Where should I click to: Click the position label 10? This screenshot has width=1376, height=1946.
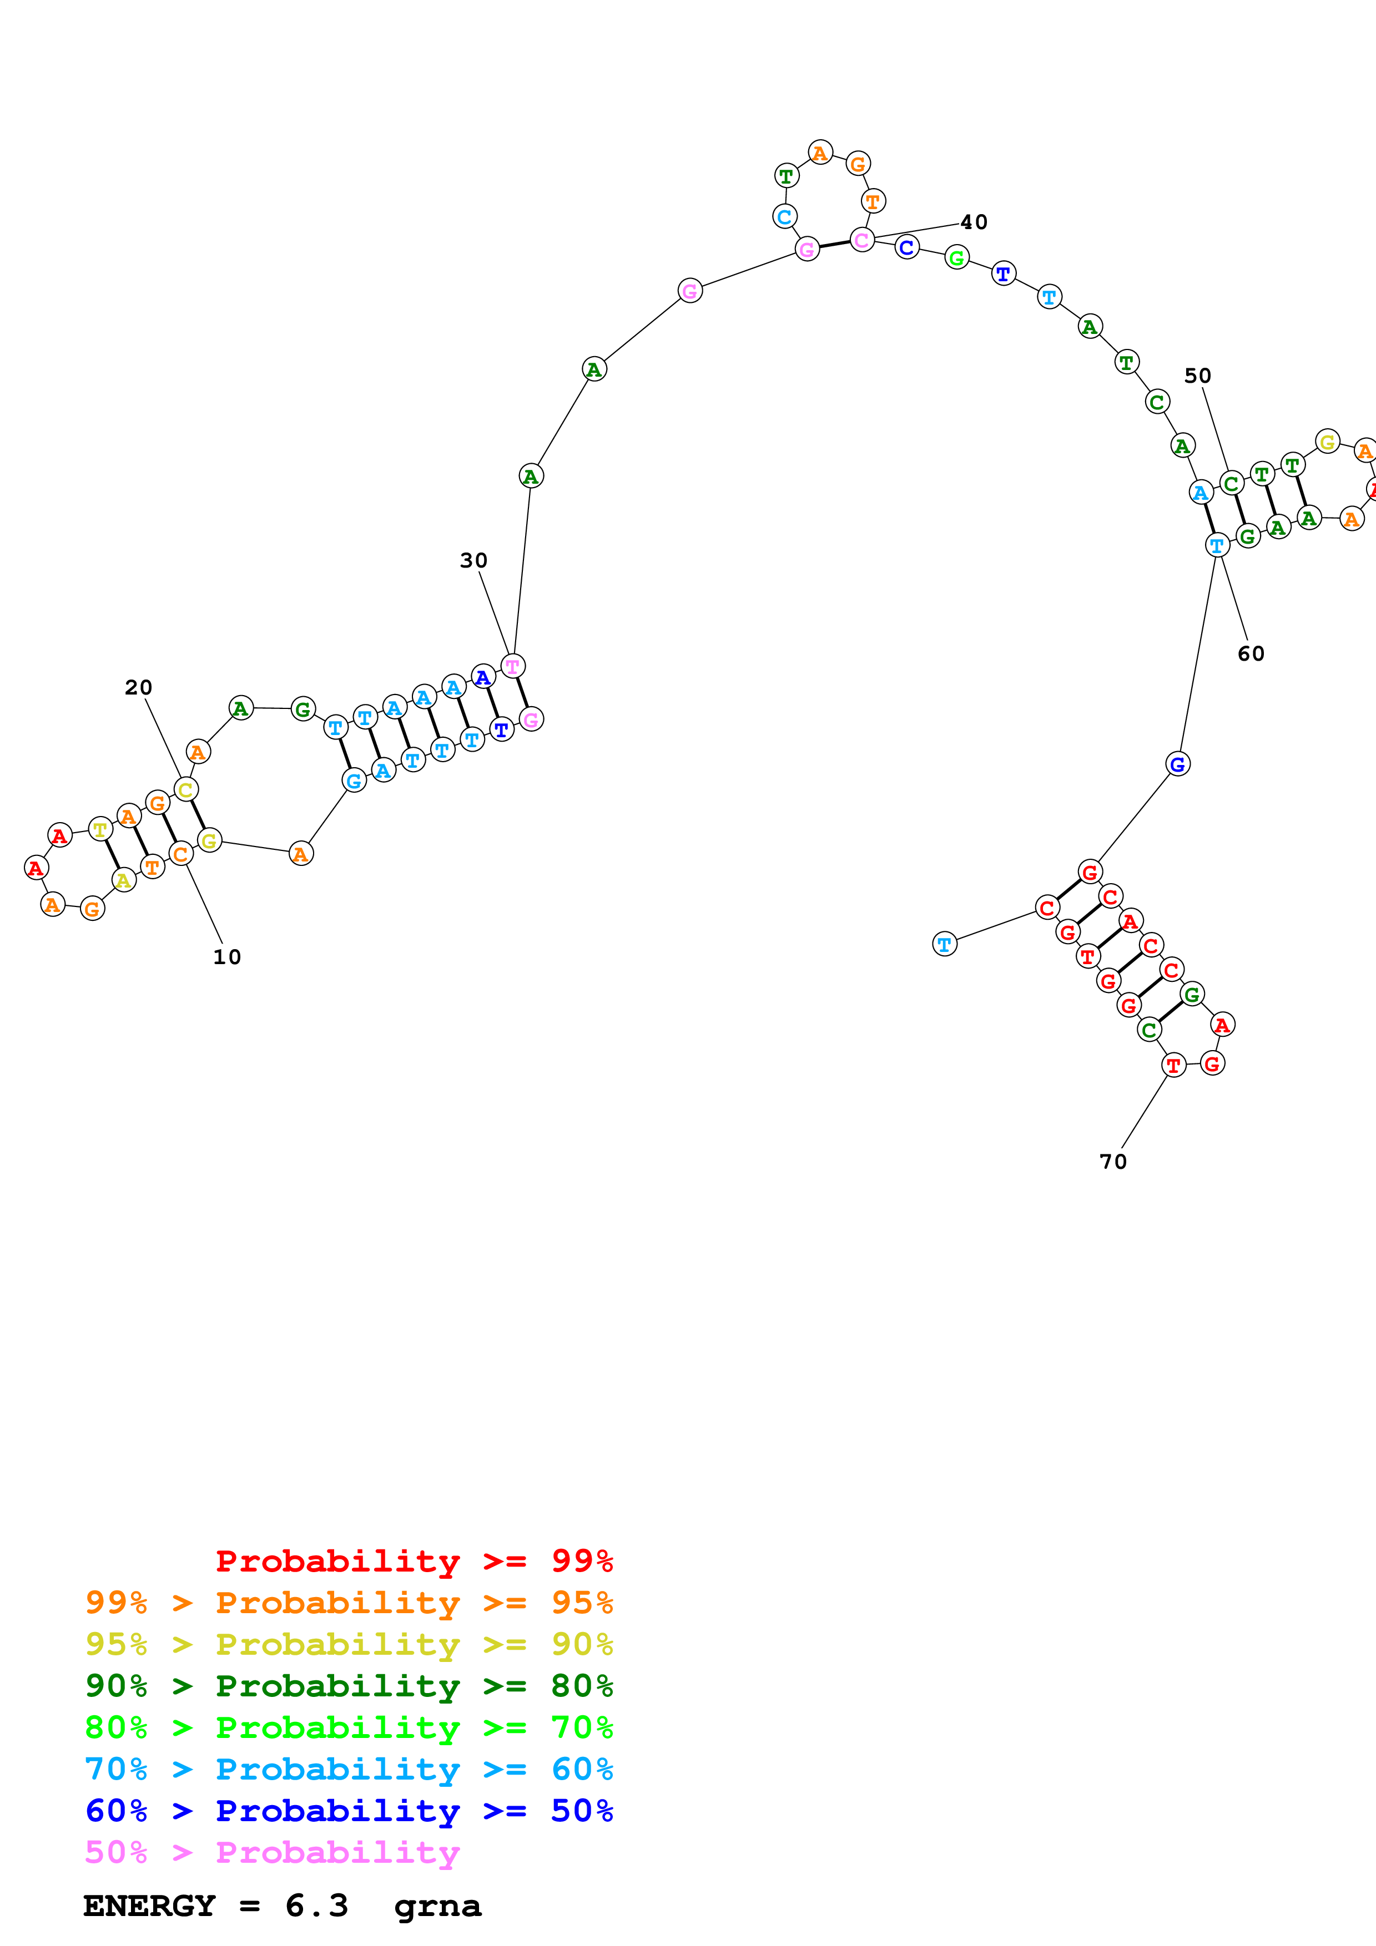(226, 957)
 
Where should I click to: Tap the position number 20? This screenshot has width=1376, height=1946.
(138, 687)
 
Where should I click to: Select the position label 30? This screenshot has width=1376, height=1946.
(473, 560)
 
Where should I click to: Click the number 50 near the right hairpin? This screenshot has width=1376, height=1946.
(1197, 376)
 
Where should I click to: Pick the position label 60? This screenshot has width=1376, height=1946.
(1251, 653)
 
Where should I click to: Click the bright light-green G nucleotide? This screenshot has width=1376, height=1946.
(956, 257)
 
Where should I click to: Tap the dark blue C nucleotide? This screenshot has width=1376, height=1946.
(906, 247)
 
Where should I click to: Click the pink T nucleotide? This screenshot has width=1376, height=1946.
(512, 666)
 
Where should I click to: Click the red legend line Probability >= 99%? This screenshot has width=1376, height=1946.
(414, 1560)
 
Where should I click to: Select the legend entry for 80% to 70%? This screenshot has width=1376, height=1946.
(349, 1726)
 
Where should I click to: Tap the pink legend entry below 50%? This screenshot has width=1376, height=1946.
(272, 1852)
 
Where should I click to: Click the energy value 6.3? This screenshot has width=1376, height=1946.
(316, 1906)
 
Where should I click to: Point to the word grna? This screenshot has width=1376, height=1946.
(437, 1906)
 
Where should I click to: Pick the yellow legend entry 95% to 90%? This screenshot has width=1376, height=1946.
(349, 1644)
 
